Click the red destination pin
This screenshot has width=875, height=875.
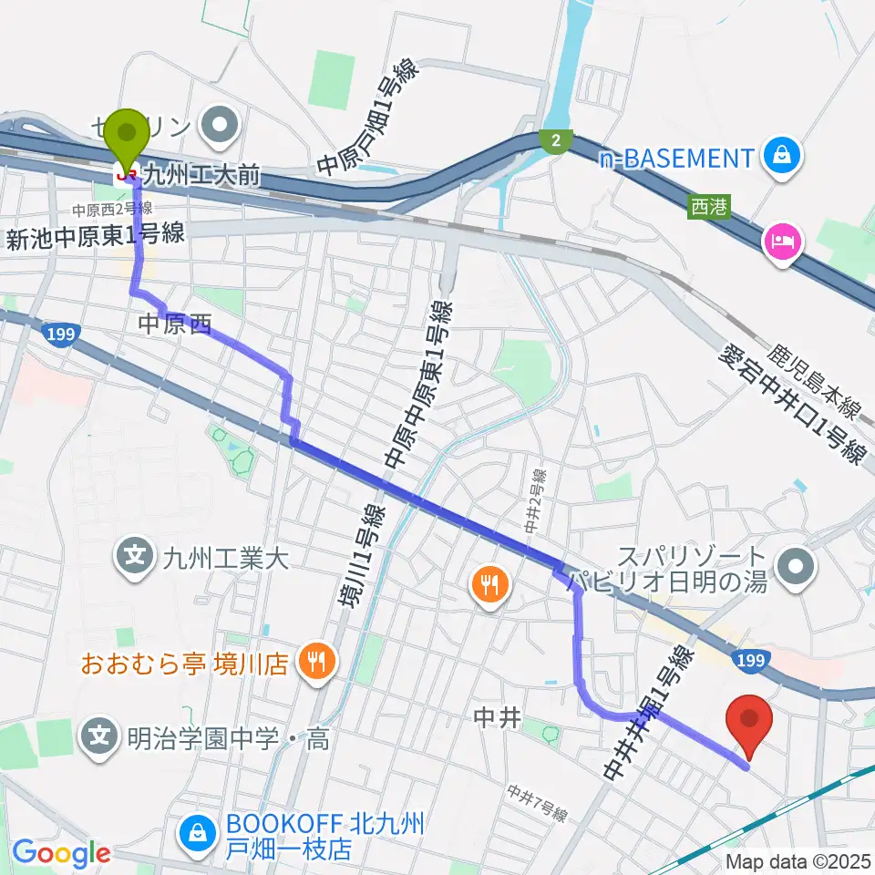[748, 721]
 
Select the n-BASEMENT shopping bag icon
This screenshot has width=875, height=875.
[783, 158]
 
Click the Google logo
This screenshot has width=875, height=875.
[61, 853]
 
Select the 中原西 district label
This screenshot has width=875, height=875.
[173, 322]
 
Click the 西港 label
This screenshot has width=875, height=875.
[711, 207]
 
